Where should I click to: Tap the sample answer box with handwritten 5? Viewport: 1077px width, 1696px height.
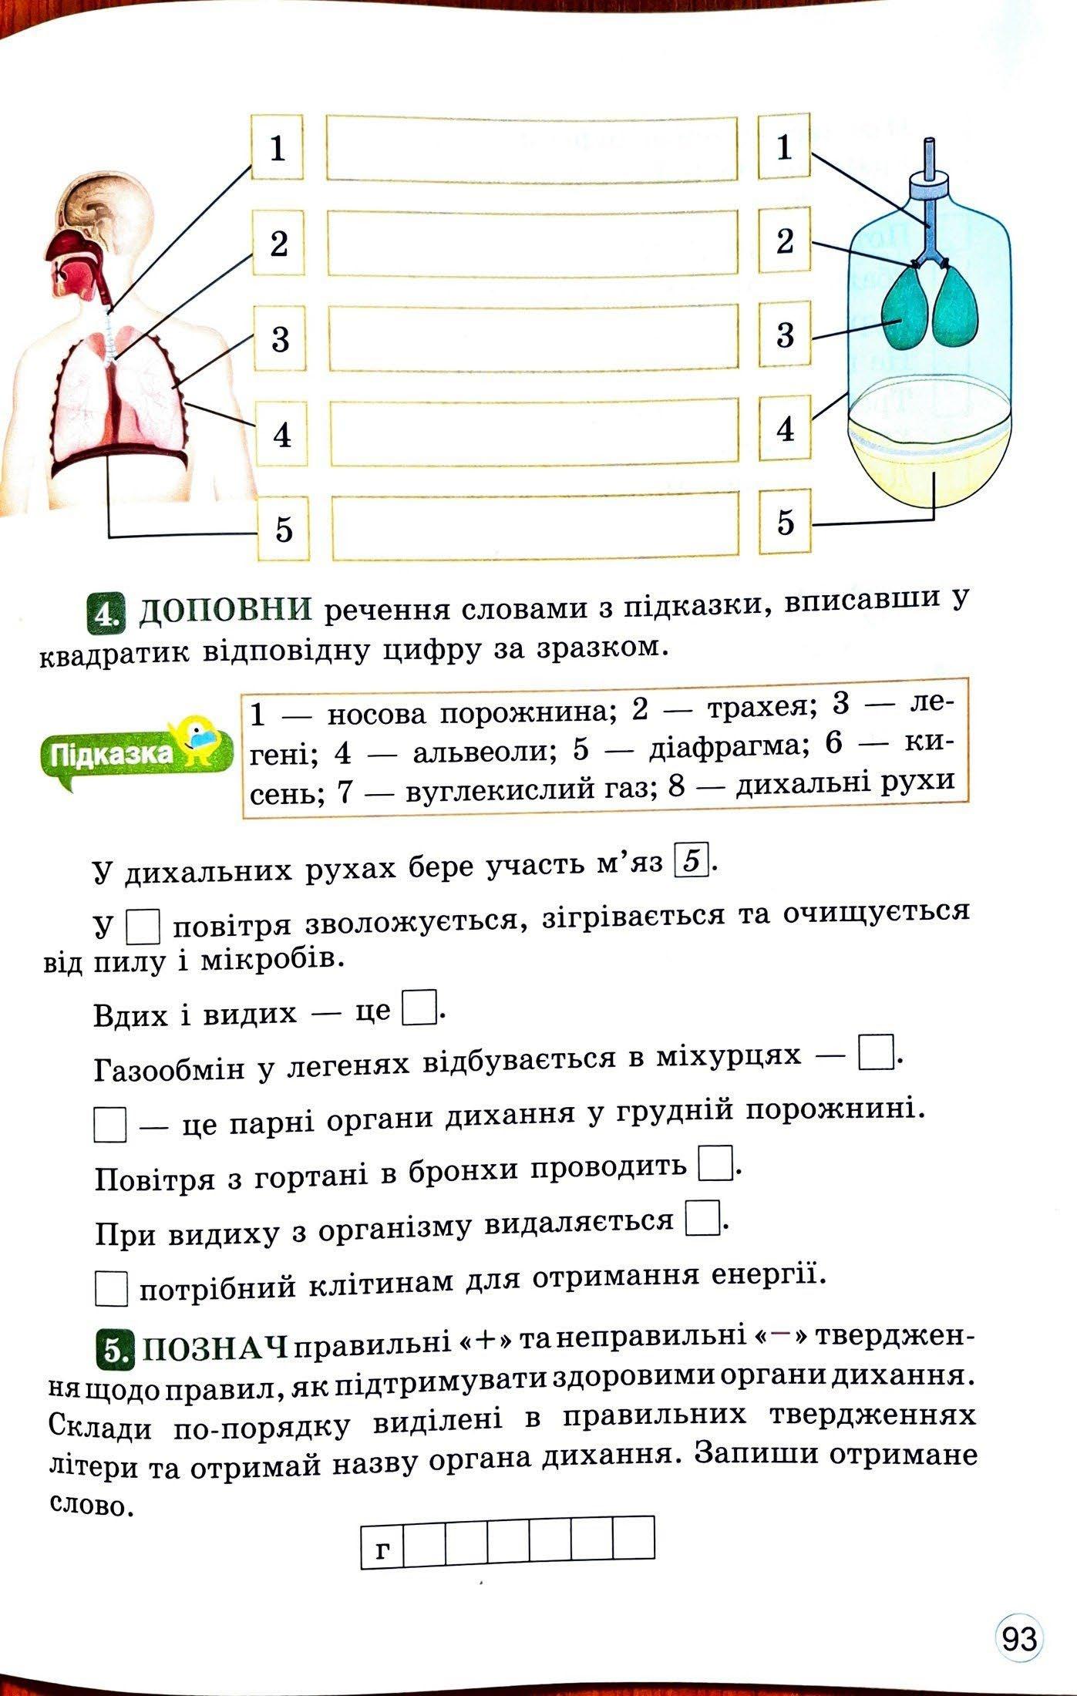pos(692,861)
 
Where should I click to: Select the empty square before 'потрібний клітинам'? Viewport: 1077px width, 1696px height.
pos(111,1288)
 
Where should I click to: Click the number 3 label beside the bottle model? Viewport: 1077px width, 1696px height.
pos(784,335)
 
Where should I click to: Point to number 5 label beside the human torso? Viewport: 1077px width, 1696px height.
pos(284,530)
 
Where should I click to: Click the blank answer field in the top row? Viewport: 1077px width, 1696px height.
pos(532,147)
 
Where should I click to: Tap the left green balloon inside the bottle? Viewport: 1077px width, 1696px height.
pos(904,310)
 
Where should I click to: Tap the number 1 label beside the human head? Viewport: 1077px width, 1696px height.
pos(278,147)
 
